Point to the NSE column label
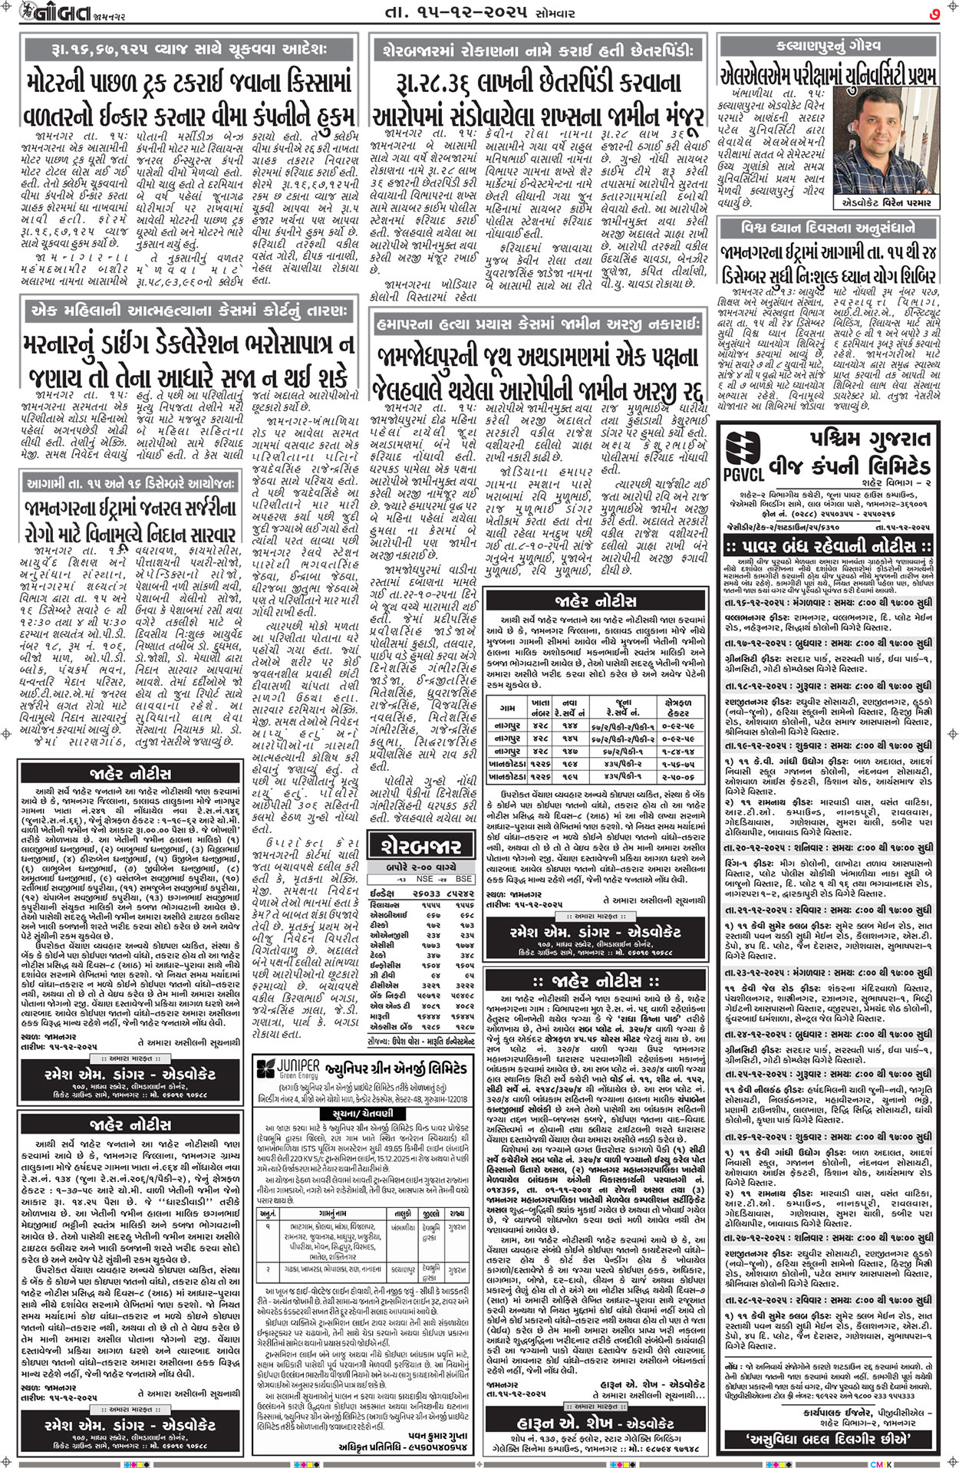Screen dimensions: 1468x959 (x=424, y=878)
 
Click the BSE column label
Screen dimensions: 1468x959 (x=463, y=878)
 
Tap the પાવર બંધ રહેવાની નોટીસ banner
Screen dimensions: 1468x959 (x=829, y=547)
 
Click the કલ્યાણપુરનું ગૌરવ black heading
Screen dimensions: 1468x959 (x=829, y=45)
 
